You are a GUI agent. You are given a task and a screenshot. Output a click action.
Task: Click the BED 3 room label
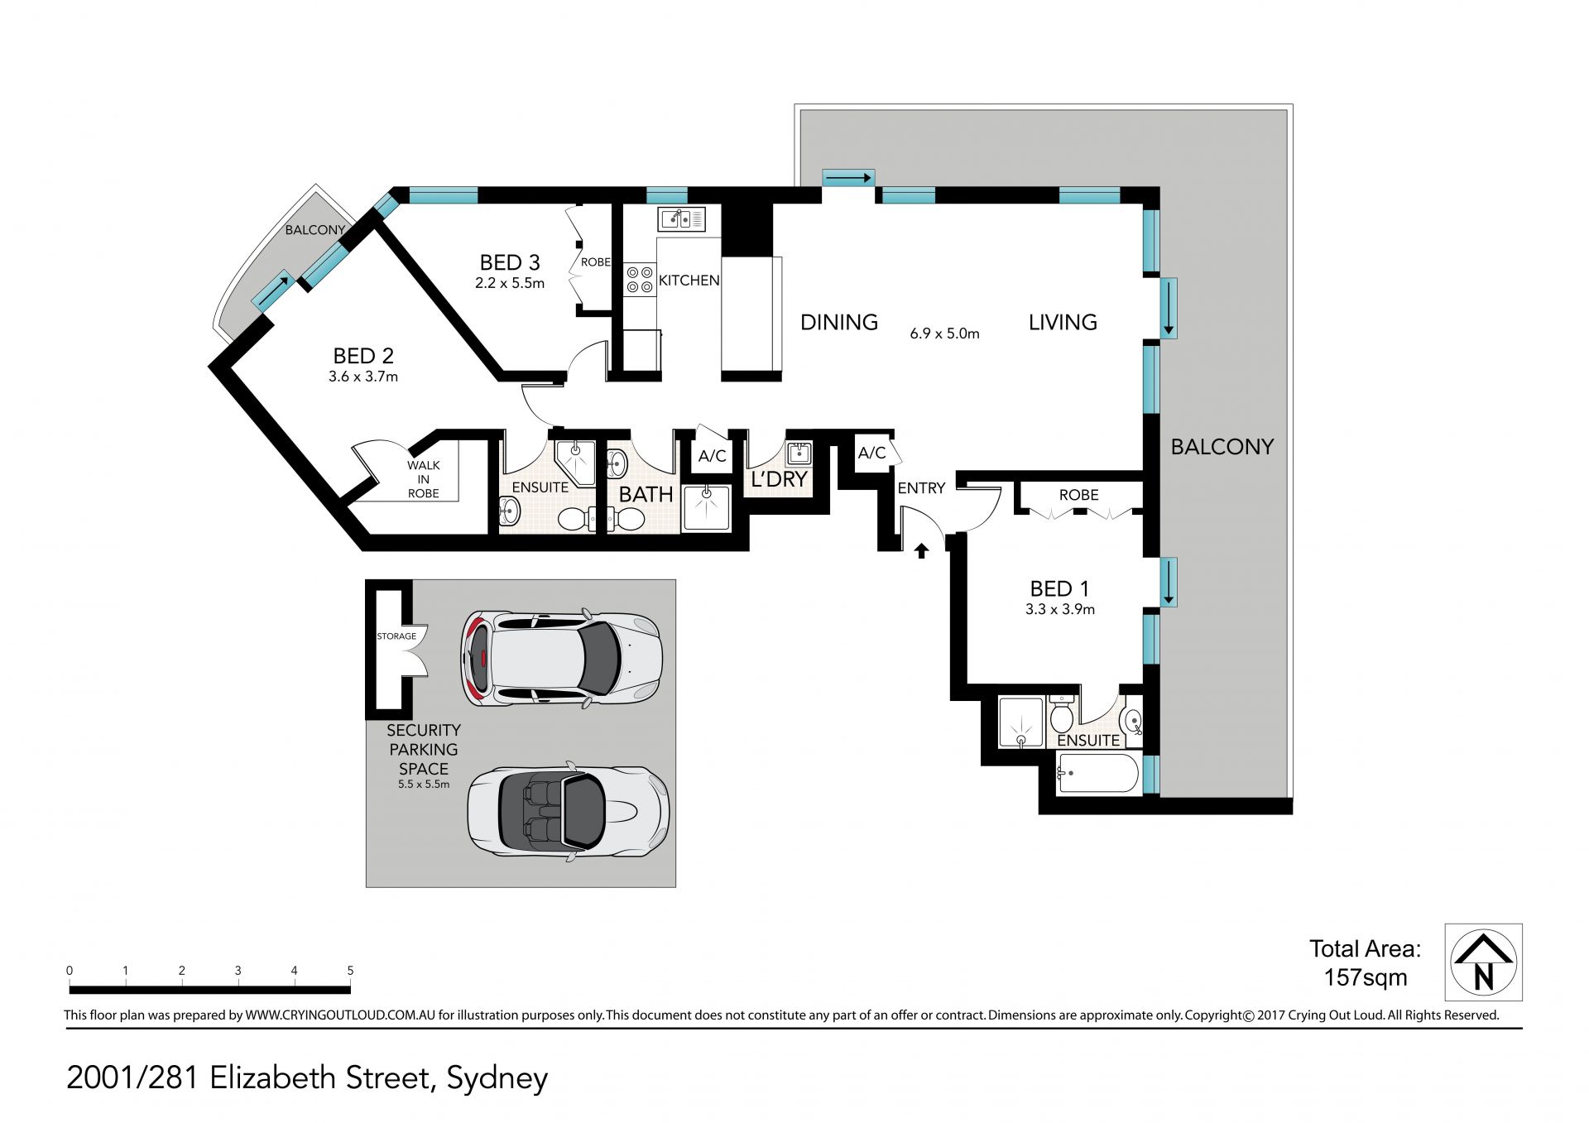[x=510, y=262]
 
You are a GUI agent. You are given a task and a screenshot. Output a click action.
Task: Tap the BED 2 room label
[x=363, y=356]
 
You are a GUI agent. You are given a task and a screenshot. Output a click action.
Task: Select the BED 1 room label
[x=1059, y=588]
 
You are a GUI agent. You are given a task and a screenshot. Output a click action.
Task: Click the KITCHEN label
[x=689, y=281]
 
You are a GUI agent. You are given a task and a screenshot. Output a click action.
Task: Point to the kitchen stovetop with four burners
[x=640, y=277]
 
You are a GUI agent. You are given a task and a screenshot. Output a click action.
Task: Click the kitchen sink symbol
[x=681, y=218]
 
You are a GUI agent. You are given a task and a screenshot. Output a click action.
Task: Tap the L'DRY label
[x=779, y=479]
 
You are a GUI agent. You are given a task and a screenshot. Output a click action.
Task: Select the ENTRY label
[x=921, y=488]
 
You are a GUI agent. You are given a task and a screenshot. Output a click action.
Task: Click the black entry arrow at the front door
[x=921, y=550]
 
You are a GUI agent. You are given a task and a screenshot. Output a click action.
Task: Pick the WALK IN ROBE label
[x=423, y=479]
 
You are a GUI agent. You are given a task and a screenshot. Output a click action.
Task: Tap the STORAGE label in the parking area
[x=396, y=636]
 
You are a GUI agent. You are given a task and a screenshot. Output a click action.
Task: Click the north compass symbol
[x=1484, y=962]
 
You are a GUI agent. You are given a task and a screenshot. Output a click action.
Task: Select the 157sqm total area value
[x=1366, y=977]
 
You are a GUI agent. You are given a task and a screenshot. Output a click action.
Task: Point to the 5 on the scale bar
[x=350, y=971]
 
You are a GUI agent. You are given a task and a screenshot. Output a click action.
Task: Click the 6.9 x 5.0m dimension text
[x=944, y=334]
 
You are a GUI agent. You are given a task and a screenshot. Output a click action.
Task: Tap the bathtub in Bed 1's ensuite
[x=1097, y=773]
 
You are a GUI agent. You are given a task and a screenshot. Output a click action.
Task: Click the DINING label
[x=839, y=322]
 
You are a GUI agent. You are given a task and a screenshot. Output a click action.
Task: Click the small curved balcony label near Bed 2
[x=315, y=230]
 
